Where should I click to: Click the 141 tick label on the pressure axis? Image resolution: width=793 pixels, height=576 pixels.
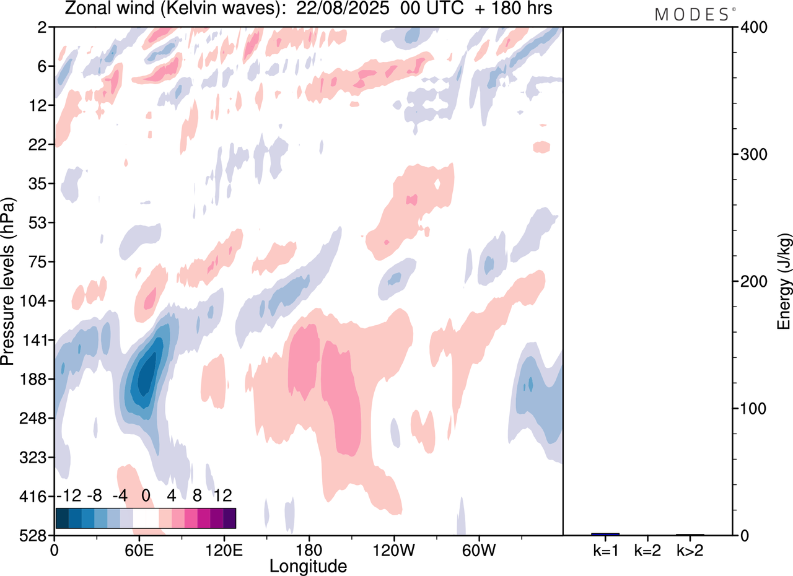coord(38,340)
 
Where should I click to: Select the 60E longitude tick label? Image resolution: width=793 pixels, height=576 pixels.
coord(139,549)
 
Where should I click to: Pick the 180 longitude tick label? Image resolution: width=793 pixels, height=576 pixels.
coord(309,549)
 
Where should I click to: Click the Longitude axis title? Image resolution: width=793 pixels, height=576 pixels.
coord(308,565)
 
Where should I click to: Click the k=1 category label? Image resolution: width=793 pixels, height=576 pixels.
coord(605,549)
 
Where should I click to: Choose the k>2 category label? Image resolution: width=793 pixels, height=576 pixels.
coord(690,549)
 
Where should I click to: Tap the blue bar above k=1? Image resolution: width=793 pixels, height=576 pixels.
coord(605,534)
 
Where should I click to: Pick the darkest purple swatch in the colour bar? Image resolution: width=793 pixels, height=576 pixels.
coord(229,518)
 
